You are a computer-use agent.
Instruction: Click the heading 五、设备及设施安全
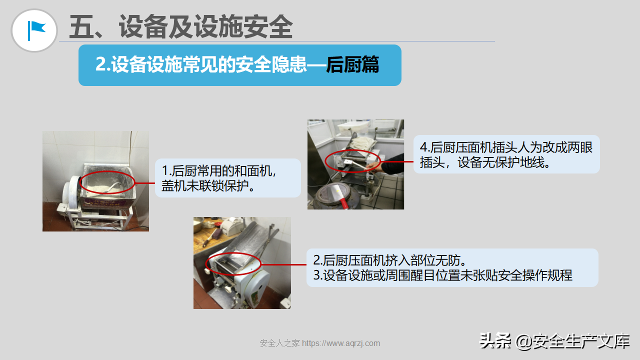point(181,26)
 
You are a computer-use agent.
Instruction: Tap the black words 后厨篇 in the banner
point(352,65)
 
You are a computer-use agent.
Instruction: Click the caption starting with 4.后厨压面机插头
point(506,155)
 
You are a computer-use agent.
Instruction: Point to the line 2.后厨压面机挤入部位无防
point(389,260)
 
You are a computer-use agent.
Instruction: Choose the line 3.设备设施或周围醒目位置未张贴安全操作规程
point(443,275)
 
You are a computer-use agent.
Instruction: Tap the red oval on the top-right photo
point(353,150)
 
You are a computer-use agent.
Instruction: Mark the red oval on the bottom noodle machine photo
point(233,253)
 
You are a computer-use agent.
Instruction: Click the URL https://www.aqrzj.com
point(341,343)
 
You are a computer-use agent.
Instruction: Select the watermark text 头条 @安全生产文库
point(554,341)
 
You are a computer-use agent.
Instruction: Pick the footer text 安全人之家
point(280,343)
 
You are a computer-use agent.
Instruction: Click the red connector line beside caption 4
point(397,161)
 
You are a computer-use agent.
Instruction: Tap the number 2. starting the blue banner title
point(102,64)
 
